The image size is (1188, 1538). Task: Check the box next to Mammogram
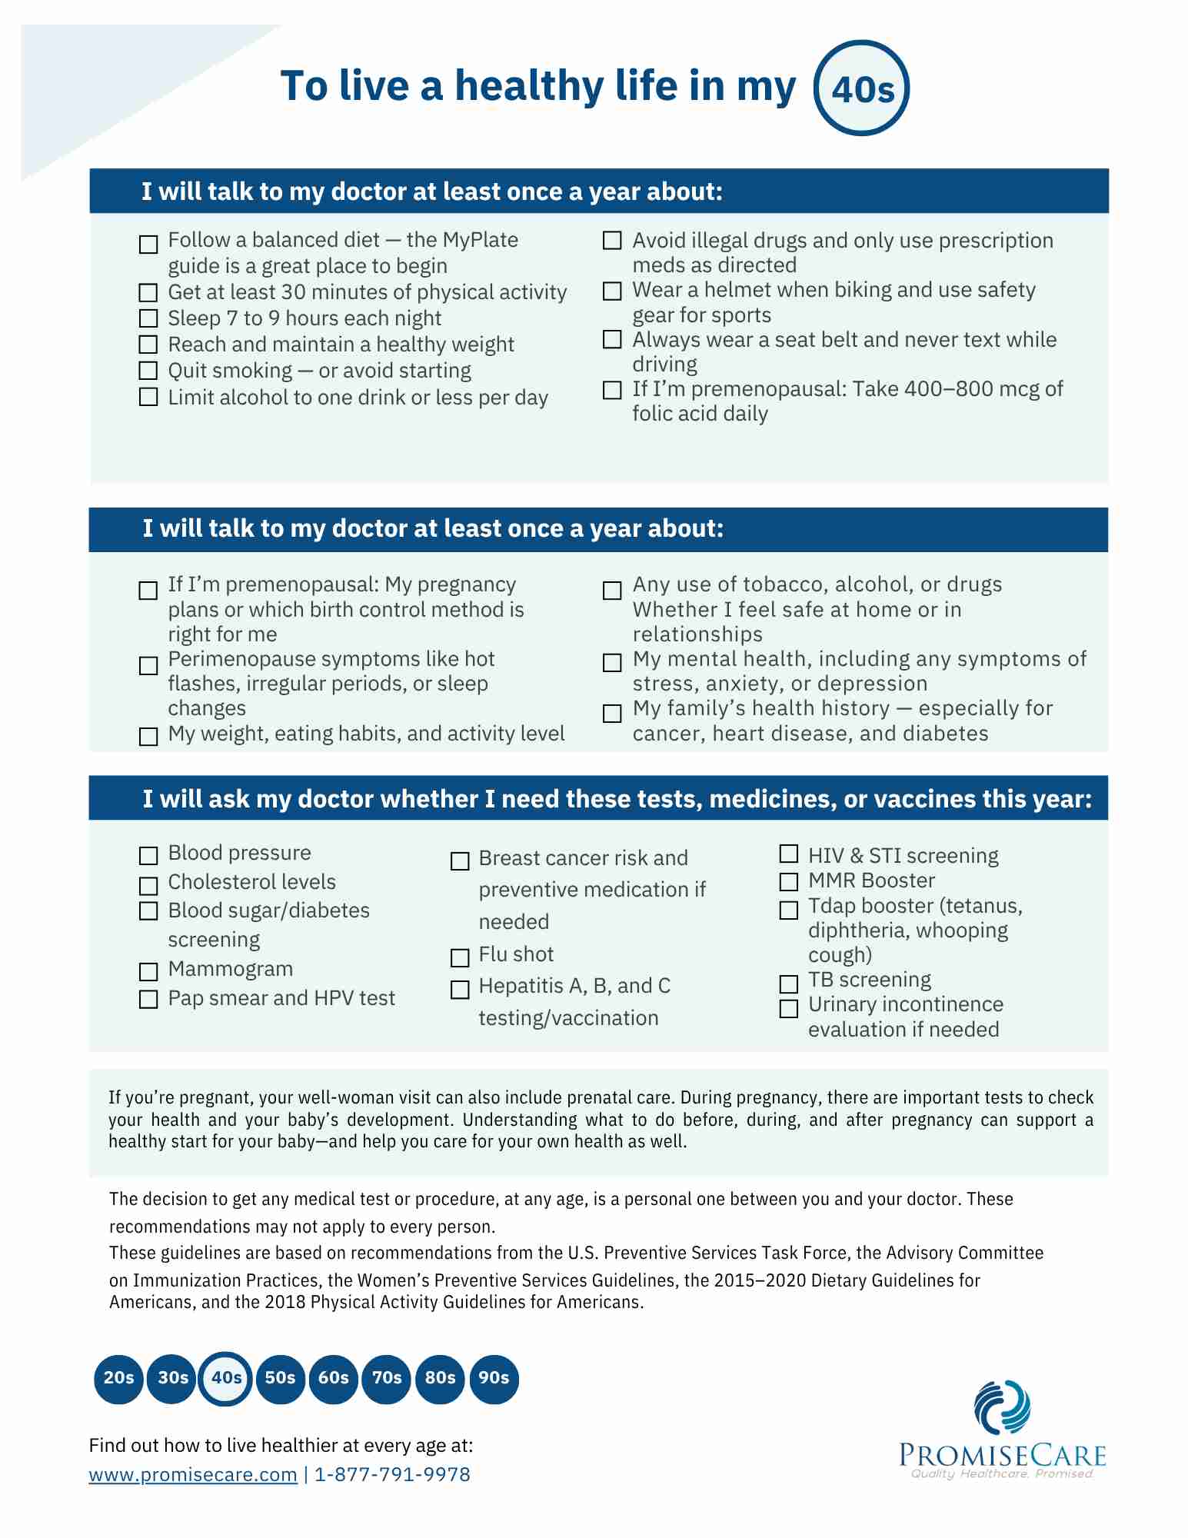[148, 971]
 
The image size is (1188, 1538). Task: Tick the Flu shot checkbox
[460, 957]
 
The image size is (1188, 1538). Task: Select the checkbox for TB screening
[789, 984]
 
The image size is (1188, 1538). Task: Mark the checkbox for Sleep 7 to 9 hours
[148, 318]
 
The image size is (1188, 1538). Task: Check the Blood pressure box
[148, 855]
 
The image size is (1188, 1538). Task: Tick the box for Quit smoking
[148, 371]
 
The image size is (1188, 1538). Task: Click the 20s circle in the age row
[118, 1378]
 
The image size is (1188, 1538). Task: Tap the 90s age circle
[494, 1378]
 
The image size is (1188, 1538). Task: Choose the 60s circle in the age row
[333, 1378]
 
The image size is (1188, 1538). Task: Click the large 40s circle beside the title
[862, 88]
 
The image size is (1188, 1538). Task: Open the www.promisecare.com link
[193, 1474]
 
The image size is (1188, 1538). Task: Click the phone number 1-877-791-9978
[392, 1474]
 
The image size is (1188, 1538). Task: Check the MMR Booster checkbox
[789, 881]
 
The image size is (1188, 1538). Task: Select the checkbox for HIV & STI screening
[789, 854]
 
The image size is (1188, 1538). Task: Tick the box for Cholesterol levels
[148, 885]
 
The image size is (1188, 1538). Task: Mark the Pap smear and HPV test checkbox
[148, 999]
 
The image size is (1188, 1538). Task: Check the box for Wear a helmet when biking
[612, 291]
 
